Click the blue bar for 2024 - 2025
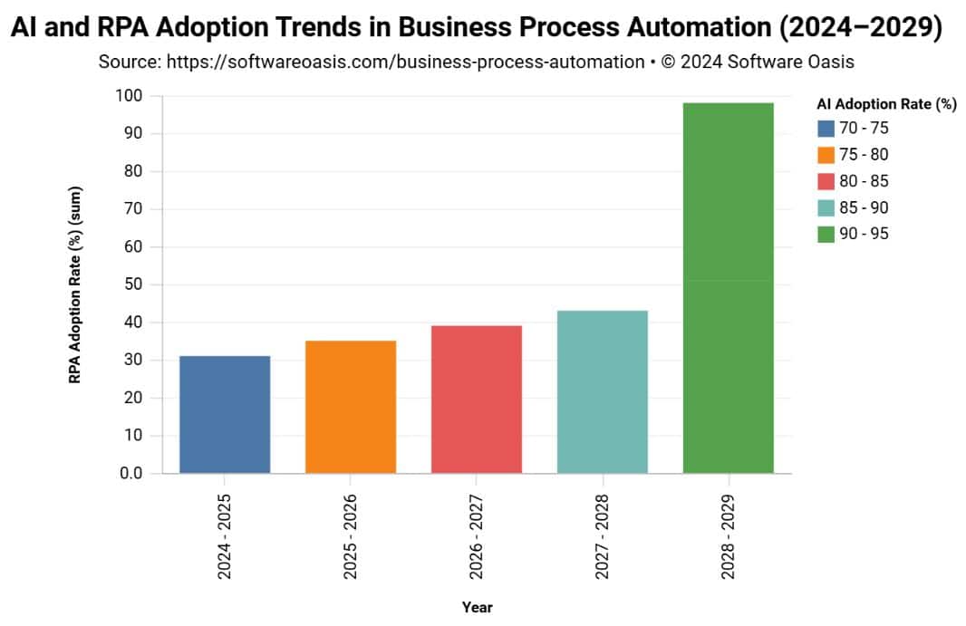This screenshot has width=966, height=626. [225, 414]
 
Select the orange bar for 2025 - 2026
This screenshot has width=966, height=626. [351, 407]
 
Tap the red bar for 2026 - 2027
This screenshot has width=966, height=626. [477, 399]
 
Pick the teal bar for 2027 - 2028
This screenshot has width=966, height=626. [603, 391]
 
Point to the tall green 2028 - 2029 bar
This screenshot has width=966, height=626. [729, 288]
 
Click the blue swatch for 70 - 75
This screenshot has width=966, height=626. [826, 129]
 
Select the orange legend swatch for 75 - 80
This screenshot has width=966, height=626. [826, 155]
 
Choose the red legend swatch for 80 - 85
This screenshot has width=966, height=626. [826, 181]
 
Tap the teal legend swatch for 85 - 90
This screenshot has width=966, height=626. [826, 207]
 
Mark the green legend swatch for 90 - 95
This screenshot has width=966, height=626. [826, 234]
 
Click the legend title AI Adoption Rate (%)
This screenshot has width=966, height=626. [886, 104]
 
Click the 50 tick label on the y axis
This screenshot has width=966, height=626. [133, 284]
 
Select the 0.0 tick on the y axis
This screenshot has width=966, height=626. [131, 473]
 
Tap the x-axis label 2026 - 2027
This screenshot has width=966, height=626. [477, 536]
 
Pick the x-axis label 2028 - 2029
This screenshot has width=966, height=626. [729, 536]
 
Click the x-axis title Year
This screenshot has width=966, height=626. [477, 607]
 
